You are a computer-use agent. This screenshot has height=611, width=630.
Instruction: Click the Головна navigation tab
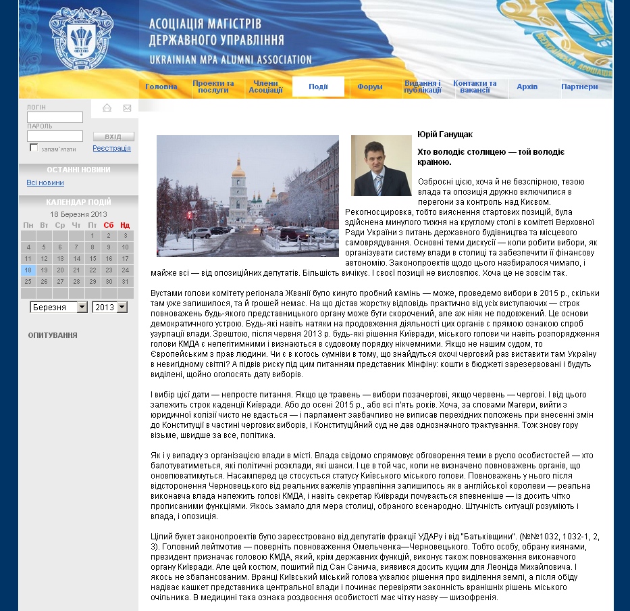[x=161, y=87]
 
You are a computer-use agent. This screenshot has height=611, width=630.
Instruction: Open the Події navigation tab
[x=318, y=87]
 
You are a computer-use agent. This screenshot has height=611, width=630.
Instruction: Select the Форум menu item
[x=370, y=87]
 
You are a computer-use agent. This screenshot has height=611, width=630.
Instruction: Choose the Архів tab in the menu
[x=527, y=87]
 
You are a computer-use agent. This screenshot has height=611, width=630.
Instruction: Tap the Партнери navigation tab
[x=579, y=87]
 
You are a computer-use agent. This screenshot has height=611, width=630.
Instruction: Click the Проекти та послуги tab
[x=213, y=87]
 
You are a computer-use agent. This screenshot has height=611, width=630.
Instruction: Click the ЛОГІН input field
[x=55, y=118]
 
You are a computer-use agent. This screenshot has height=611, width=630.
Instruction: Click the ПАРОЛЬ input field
[x=55, y=137]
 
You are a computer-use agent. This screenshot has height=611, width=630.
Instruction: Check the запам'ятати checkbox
[x=34, y=148]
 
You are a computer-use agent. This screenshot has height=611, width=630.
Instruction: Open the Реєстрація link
[x=111, y=148]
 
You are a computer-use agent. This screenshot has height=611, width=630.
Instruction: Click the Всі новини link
[x=45, y=182]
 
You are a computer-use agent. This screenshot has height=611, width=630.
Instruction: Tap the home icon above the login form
[x=107, y=108]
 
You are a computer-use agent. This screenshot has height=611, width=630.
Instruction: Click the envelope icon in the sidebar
[x=127, y=108]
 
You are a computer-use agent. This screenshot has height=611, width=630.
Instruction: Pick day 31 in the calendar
[x=125, y=282]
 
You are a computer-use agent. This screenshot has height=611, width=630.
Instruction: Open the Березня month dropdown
[x=59, y=307]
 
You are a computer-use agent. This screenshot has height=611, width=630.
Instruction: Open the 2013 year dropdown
[x=110, y=307]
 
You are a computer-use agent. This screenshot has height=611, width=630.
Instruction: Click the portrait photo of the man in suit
[x=381, y=166]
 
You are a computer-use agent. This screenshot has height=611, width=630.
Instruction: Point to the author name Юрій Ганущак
[x=445, y=135]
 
